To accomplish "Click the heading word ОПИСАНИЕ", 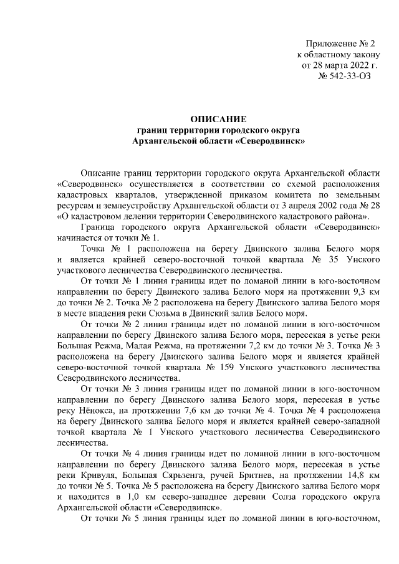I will point(219,118).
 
